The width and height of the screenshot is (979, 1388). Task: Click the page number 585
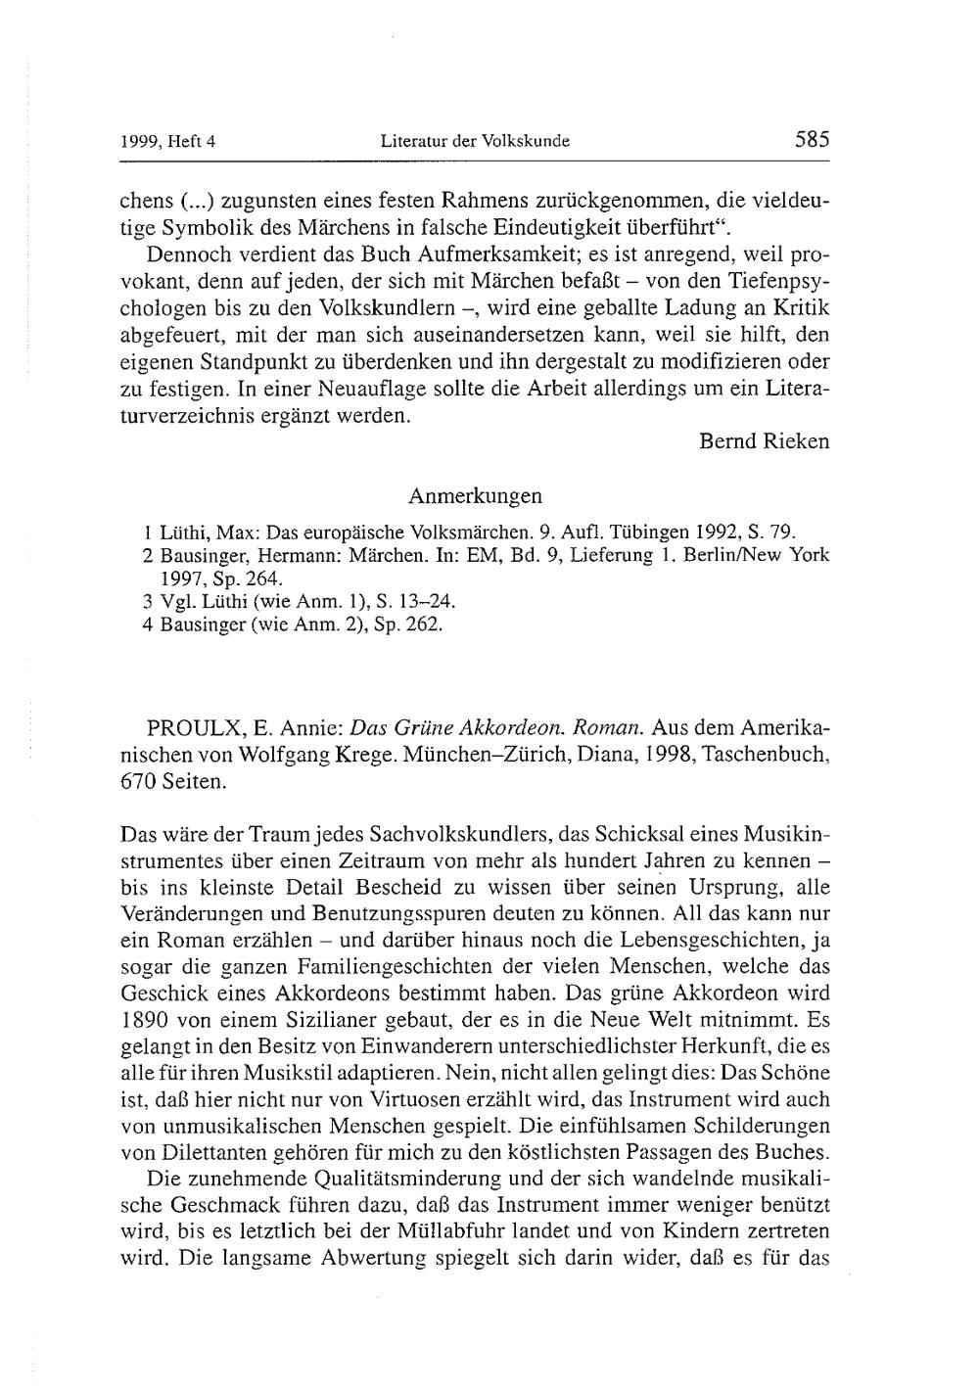tap(812, 139)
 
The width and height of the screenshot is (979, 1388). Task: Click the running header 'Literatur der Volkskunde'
tap(475, 141)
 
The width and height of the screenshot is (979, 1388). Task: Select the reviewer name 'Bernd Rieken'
tap(764, 441)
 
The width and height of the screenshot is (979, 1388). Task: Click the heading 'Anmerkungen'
tap(475, 495)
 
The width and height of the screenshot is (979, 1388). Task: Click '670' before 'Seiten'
tap(136, 782)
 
